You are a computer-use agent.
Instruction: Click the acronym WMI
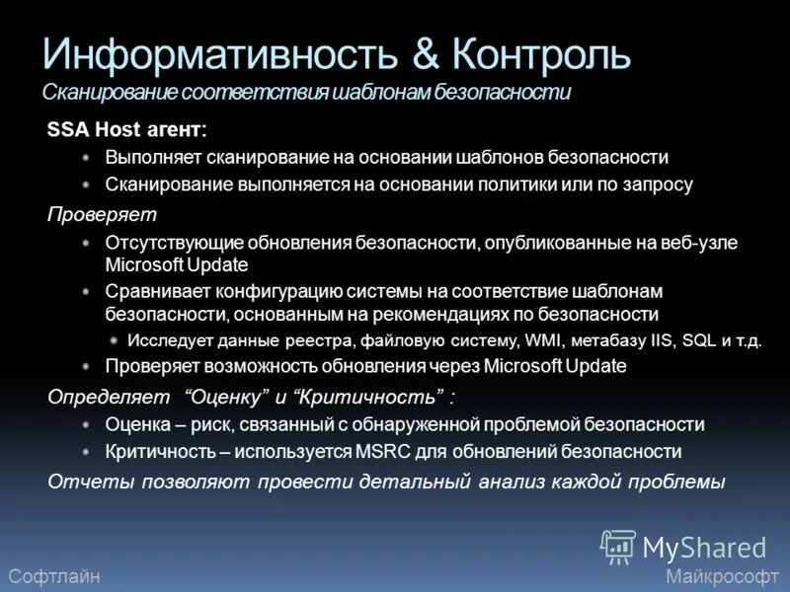point(544,341)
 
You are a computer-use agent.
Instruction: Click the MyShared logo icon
point(618,546)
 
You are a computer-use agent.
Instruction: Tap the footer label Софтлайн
point(53,576)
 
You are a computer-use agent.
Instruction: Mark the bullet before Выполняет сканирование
point(87,158)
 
